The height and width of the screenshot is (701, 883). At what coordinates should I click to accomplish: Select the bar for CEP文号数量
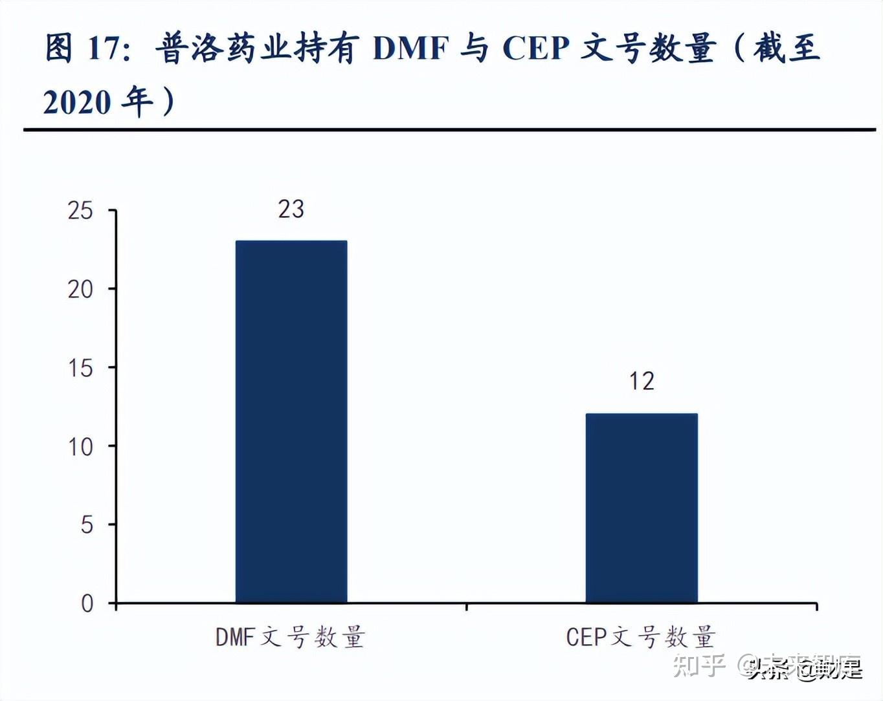[642, 508]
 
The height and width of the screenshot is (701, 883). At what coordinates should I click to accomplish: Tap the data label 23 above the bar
[291, 210]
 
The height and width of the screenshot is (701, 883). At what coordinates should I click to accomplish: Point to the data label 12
[642, 382]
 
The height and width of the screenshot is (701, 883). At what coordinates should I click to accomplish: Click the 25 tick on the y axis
[81, 211]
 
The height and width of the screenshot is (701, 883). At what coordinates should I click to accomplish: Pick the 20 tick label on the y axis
[81, 290]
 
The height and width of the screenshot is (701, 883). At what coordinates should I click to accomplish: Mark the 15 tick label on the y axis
[81, 369]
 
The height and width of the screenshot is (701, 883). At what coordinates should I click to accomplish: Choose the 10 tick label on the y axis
[81, 447]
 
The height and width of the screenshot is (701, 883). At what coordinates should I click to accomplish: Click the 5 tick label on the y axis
[87, 525]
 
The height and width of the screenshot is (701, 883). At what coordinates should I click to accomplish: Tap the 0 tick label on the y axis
[87, 604]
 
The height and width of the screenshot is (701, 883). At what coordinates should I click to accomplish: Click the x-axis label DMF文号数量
[290, 638]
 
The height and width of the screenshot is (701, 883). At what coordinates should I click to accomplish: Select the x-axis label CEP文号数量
[640, 638]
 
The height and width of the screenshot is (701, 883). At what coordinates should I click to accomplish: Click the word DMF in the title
[411, 49]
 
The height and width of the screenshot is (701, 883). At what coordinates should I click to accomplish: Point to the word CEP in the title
[536, 49]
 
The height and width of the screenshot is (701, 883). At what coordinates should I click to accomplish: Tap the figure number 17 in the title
[104, 49]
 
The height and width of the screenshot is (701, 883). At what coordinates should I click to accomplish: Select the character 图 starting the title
[59, 49]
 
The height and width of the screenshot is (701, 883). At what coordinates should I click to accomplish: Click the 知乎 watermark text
[699, 665]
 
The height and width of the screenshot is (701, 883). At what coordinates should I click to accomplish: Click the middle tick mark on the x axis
[467, 607]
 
